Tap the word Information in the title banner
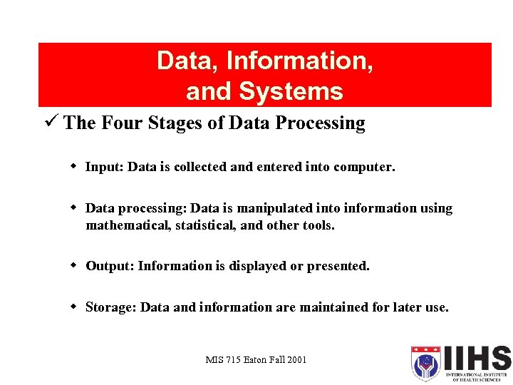point(299,61)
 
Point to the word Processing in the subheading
point(321,123)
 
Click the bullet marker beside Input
point(73,167)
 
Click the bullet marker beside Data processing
point(73,208)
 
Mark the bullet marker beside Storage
point(73,307)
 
